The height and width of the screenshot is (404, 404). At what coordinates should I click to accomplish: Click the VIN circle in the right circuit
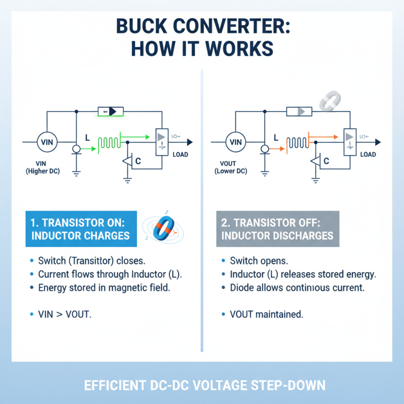click(236, 142)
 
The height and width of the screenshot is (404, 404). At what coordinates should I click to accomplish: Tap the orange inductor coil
click(297, 143)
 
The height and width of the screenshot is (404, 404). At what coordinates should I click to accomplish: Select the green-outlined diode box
click(111, 111)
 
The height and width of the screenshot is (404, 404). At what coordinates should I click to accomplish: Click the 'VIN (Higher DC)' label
click(42, 168)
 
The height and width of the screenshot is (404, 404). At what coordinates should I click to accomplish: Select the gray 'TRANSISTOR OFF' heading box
click(278, 229)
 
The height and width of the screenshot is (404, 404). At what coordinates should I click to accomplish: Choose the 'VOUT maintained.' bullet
click(266, 314)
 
